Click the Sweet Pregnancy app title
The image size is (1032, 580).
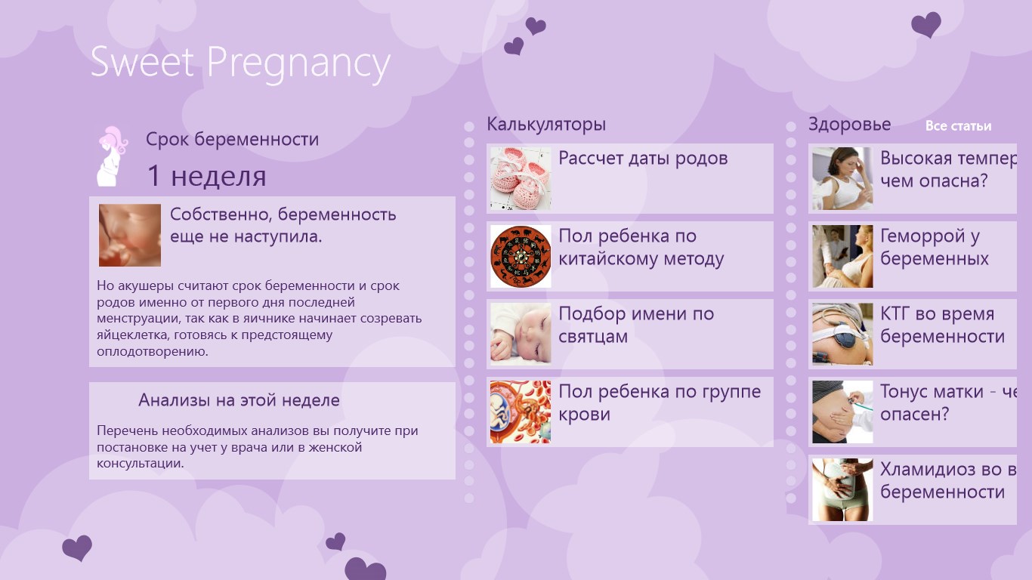coord(240,63)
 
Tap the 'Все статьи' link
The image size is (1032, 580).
coord(958,126)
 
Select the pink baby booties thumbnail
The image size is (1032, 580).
coord(521,178)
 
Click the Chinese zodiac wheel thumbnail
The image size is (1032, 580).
coord(521,256)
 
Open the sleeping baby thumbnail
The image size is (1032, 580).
coord(521,334)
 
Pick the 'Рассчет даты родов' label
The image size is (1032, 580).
coord(643,158)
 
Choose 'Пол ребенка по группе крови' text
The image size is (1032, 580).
coord(660,403)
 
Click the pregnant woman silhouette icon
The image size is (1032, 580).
coord(112,156)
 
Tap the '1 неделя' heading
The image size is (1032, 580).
coord(206,176)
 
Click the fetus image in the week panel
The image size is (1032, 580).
coord(130,236)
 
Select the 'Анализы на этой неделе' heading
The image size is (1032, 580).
coord(239,400)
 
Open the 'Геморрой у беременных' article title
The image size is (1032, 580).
coord(935,247)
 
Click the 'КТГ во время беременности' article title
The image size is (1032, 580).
coord(942,325)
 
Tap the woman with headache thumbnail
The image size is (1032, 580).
coord(842,178)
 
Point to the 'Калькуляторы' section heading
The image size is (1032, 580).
coord(546,125)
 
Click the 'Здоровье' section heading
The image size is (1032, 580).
coord(850,125)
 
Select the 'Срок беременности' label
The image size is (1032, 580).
coord(232,139)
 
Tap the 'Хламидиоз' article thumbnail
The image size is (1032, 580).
coord(842,489)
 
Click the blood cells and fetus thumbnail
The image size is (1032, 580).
coord(521,412)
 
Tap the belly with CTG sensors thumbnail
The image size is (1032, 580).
coord(842,334)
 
